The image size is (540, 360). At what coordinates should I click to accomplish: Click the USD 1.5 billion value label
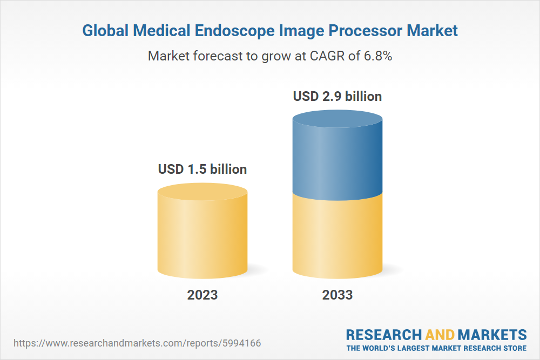(x=202, y=169)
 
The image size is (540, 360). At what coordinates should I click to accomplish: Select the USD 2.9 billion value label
(x=337, y=97)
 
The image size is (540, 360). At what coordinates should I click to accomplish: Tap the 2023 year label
(x=202, y=295)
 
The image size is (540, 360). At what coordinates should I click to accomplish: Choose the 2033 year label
(x=337, y=295)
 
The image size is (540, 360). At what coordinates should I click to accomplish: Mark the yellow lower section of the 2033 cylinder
(x=337, y=237)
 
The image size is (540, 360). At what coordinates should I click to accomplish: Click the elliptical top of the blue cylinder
(x=337, y=121)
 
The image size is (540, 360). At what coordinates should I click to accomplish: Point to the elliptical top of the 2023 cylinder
(x=202, y=192)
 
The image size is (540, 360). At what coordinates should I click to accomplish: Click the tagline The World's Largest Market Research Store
(x=436, y=348)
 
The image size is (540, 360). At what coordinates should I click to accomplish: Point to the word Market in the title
(x=433, y=31)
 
